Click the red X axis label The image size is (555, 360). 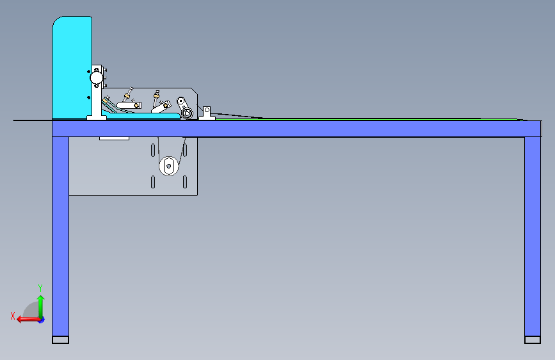(13, 316)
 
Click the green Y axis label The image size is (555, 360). (40, 288)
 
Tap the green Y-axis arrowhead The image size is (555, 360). (41, 299)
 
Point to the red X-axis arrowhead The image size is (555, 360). (20, 320)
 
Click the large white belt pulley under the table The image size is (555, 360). (169, 166)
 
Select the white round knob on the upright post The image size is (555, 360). (96, 78)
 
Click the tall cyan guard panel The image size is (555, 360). (72, 67)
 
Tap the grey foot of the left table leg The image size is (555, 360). (61, 340)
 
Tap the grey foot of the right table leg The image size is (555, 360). (533, 340)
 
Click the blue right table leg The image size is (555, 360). (533, 237)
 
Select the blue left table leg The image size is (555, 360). (61, 237)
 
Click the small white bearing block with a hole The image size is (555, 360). (207, 113)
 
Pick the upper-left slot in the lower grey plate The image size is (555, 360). (153, 151)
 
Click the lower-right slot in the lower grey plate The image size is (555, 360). (185, 182)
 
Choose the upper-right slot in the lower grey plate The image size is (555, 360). (185, 151)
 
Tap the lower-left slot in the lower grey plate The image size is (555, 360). (153, 182)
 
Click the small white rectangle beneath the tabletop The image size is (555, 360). (114, 138)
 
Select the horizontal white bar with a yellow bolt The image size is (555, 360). (129, 105)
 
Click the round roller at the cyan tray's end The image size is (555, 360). (187, 113)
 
